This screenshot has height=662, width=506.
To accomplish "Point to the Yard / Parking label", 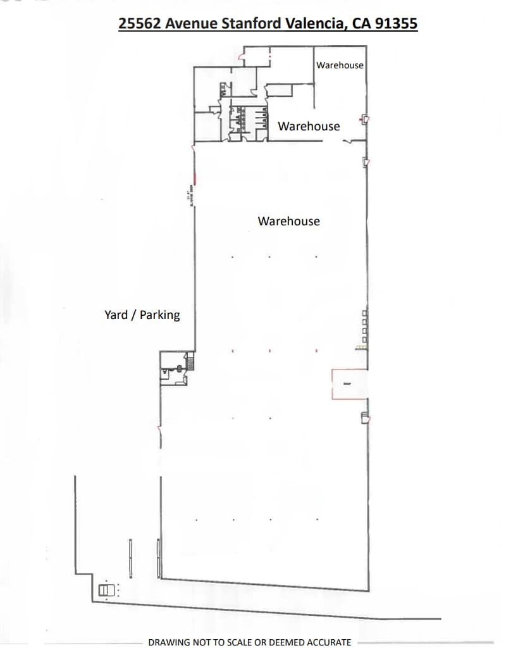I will click(x=142, y=315).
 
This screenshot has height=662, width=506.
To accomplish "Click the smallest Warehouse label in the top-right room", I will click(x=340, y=65).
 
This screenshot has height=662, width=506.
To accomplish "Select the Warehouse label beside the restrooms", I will click(x=309, y=126).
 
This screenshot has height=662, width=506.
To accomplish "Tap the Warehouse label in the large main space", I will click(x=288, y=221).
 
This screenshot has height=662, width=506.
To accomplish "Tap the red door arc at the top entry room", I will click(x=238, y=59).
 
